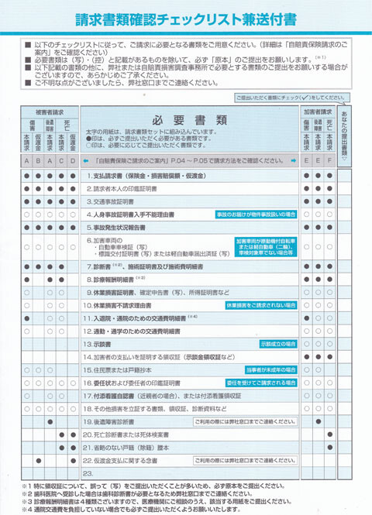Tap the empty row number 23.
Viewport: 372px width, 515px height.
coord(91,472)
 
